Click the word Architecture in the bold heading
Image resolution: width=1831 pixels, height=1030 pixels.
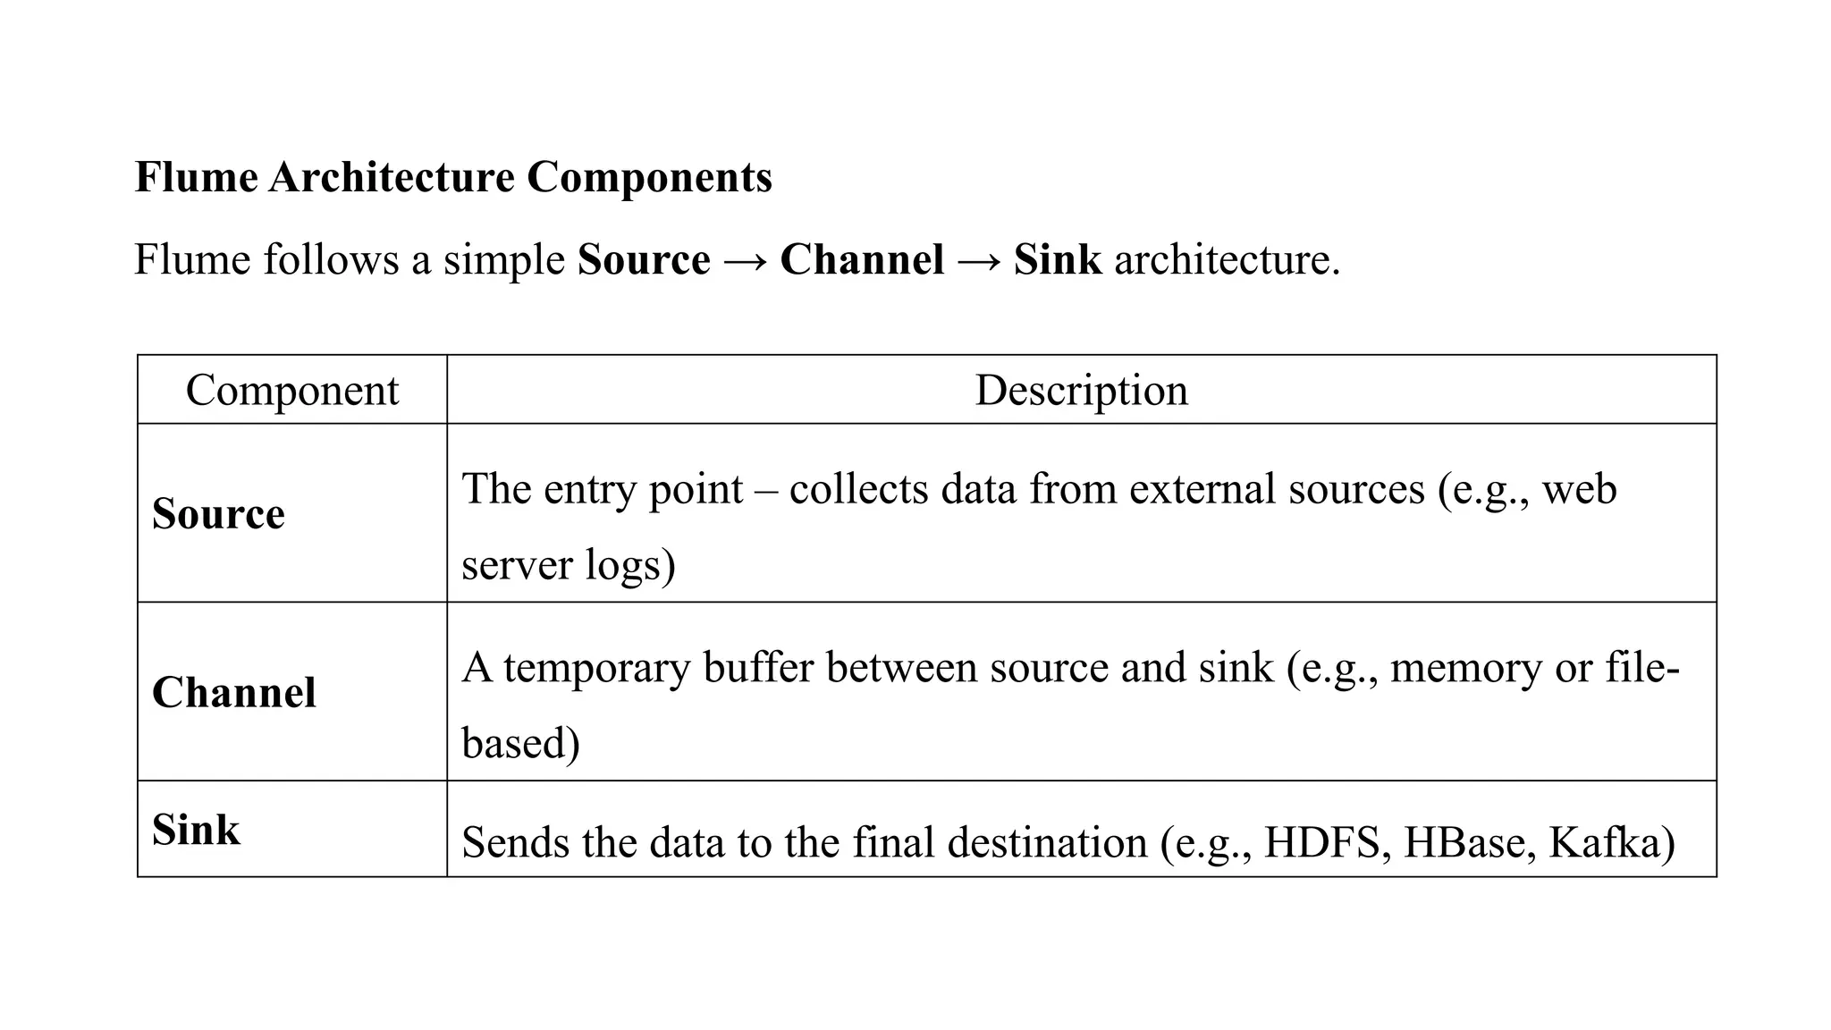click(x=392, y=177)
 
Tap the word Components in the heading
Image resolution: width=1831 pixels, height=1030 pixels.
click(x=649, y=177)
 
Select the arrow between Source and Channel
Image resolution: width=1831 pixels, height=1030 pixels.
click(x=745, y=260)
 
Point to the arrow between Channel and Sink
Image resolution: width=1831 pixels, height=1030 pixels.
click(x=979, y=260)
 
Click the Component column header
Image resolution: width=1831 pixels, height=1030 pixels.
click(x=291, y=391)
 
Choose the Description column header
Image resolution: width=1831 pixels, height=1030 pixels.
click(x=1081, y=391)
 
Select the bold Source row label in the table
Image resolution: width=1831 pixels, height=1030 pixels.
click(x=218, y=514)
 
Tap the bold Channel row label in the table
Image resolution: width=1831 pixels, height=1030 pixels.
click(x=234, y=693)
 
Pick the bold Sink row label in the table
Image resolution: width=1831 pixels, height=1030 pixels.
click(x=196, y=830)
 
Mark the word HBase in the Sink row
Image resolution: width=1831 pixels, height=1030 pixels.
click(x=1463, y=843)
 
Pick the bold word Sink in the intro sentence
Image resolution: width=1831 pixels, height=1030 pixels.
click(x=1058, y=260)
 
